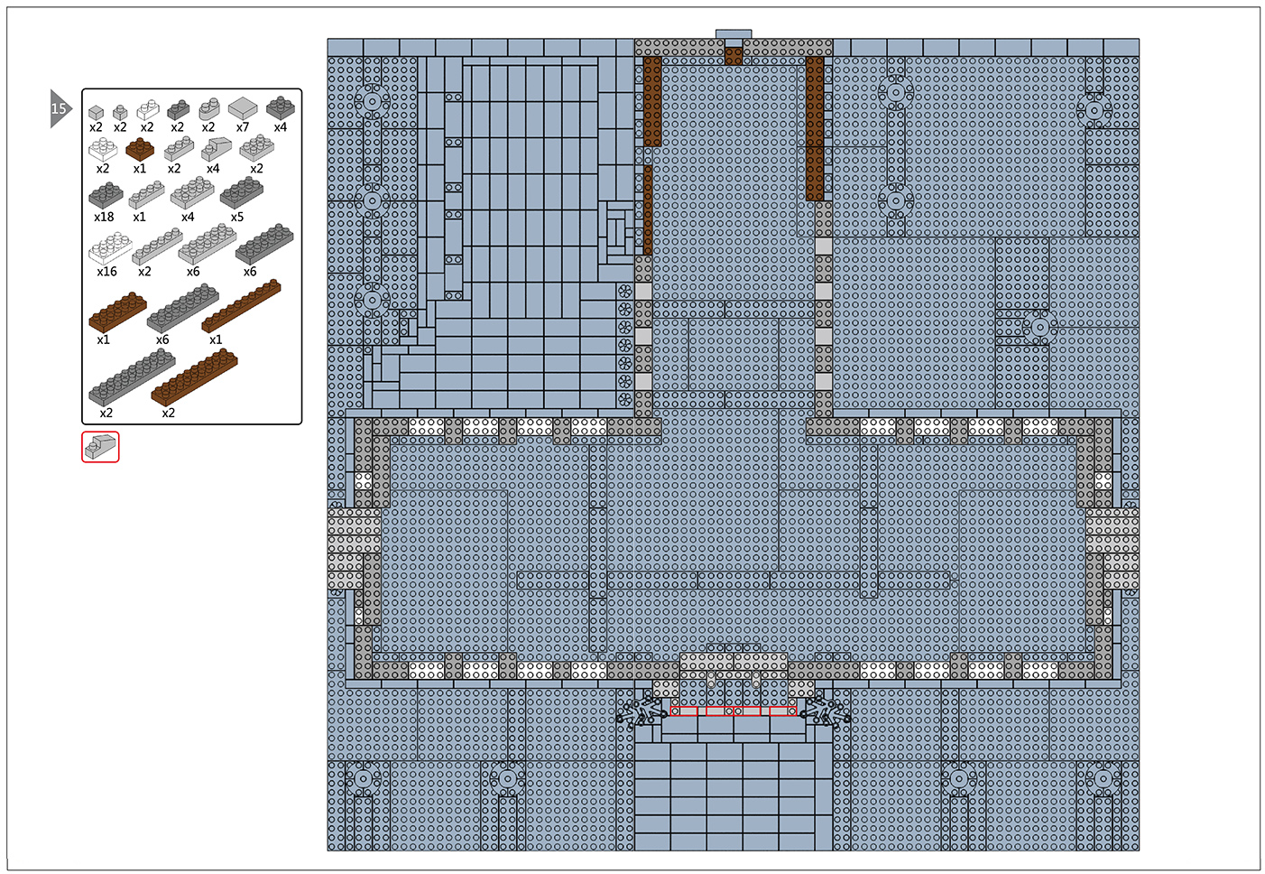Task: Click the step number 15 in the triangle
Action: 58,108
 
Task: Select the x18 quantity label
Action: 104,217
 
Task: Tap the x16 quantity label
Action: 106,272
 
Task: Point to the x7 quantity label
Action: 243,127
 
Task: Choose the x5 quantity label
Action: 237,217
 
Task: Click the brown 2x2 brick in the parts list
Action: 140,150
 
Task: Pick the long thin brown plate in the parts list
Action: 241,306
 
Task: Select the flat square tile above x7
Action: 243,107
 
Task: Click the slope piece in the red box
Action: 100,447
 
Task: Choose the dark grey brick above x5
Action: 242,192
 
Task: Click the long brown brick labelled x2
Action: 194,377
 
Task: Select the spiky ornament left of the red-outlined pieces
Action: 642,711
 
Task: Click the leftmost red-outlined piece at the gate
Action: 684,711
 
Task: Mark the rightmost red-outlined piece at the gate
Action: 782,711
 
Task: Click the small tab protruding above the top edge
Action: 734,34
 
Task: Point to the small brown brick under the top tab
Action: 734,56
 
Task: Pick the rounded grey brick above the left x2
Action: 209,108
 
